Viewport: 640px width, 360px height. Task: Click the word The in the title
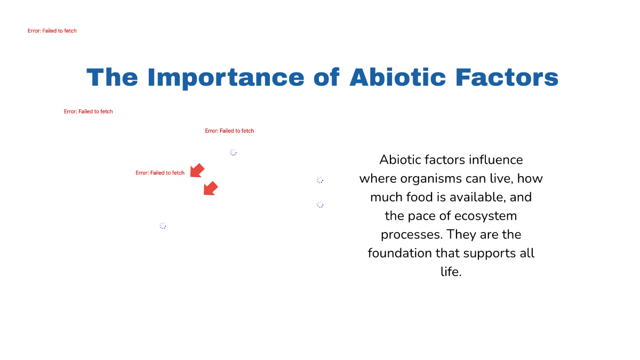113,77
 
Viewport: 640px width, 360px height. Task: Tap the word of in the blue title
326,77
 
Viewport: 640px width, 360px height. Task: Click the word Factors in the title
507,77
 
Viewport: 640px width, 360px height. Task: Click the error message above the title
52,31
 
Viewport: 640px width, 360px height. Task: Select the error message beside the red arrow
160,173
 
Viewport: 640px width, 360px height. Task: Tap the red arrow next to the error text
197,171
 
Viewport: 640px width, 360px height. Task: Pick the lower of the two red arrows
211,188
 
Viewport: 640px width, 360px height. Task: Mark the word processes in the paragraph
411,234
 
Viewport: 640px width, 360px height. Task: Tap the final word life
451,271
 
